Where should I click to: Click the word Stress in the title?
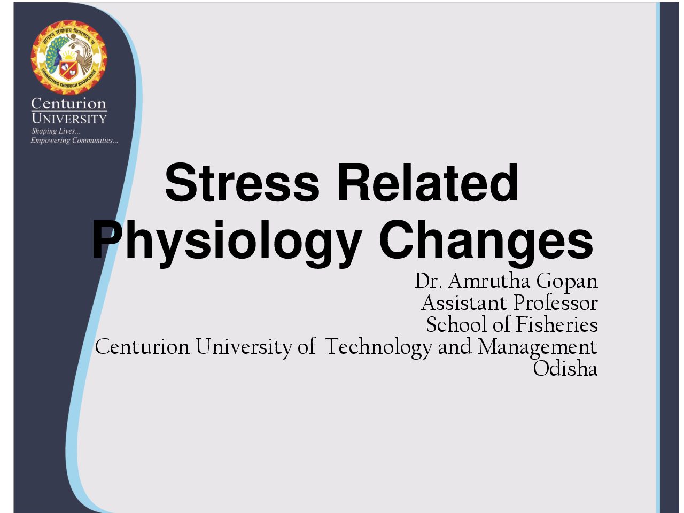click(242, 183)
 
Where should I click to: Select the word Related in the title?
click(428, 183)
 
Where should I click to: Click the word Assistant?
click(464, 303)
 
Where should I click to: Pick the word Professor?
click(556, 303)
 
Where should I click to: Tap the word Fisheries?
click(556, 324)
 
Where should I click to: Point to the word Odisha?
click(565, 368)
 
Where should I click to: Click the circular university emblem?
click(69, 57)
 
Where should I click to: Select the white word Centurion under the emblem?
click(69, 104)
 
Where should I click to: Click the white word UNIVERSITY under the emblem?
click(69, 119)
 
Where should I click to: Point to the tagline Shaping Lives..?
click(56, 131)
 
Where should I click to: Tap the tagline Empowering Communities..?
click(74, 141)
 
